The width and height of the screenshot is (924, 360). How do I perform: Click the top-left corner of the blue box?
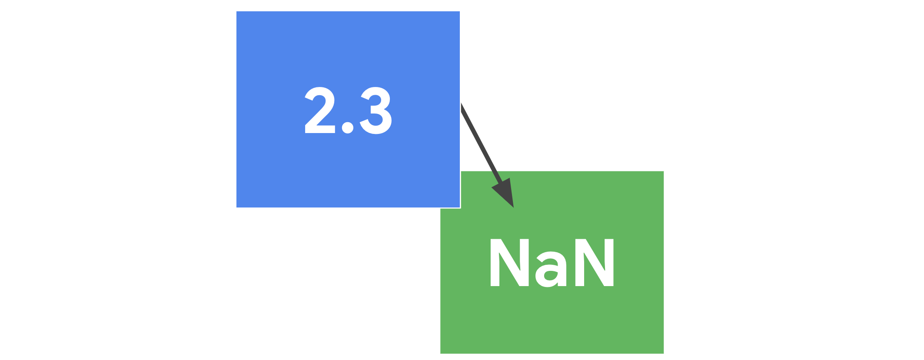tap(236, 12)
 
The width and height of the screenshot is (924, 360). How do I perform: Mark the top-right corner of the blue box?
tap(460, 12)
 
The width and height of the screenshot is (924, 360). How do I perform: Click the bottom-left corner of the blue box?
tap(236, 207)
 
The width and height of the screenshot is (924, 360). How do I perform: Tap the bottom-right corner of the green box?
tap(664, 353)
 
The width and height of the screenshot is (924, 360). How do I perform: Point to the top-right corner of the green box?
tap(664, 171)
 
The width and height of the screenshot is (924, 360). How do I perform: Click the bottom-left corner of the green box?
tap(440, 353)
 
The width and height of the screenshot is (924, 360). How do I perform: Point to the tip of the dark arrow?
tap(514, 208)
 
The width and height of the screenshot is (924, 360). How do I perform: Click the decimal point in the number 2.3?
tap(347, 127)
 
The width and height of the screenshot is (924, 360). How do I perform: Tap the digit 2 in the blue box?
tap(320, 110)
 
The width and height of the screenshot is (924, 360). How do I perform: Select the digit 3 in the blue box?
tap(376, 110)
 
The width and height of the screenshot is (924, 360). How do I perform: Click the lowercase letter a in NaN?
tap(551, 269)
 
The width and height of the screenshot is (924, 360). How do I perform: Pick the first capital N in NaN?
tap(509, 263)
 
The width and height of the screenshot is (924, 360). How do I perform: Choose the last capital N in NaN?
tap(594, 263)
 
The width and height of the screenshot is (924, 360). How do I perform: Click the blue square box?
tap(348, 110)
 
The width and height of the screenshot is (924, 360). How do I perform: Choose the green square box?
tap(552, 263)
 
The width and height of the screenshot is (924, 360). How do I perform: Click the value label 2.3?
tap(348, 110)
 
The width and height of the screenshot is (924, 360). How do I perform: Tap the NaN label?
tap(552, 263)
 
